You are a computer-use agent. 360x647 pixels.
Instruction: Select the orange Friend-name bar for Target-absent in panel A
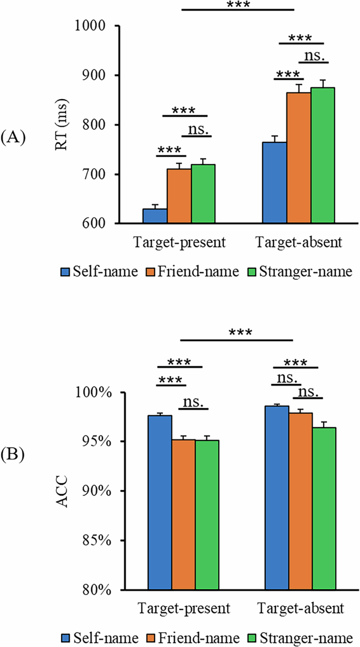coord(298,158)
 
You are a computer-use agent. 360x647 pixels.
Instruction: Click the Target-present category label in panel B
coord(184,609)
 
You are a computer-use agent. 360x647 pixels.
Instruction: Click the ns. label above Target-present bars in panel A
coord(199,129)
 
